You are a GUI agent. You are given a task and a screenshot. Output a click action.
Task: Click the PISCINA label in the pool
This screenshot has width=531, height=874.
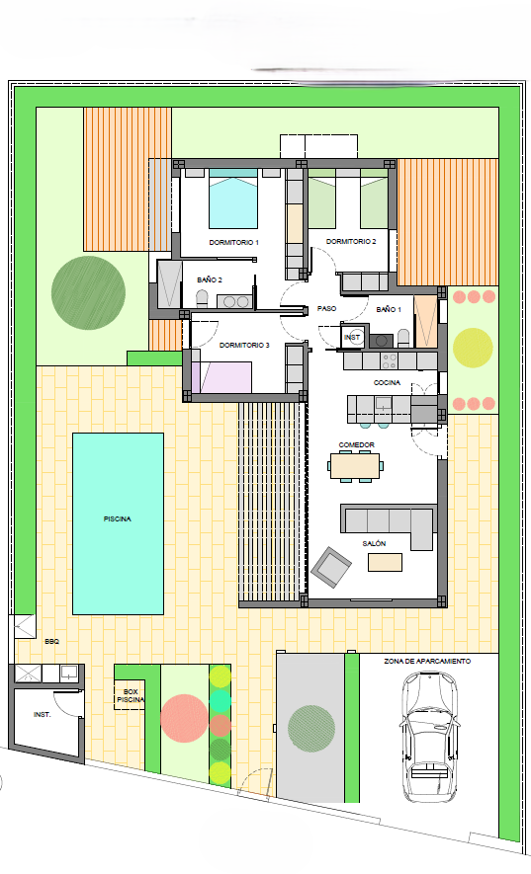tap(118, 518)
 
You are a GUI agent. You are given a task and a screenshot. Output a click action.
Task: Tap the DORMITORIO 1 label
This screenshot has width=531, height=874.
tap(234, 243)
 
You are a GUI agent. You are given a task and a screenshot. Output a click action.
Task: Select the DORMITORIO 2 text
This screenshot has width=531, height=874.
tap(351, 241)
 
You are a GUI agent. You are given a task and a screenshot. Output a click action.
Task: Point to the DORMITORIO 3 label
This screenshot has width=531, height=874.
tap(244, 345)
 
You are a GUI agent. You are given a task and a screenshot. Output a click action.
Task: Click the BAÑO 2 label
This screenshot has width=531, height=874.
tap(210, 279)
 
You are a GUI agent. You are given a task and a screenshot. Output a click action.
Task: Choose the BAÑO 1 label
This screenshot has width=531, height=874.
tap(389, 309)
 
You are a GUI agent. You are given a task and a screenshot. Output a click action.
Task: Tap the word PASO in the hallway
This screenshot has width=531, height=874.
tap(326, 308)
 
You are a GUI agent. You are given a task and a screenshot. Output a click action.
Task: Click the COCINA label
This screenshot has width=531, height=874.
tap(387, 383)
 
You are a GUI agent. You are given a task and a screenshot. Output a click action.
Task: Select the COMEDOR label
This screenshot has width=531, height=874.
tap(356, 444)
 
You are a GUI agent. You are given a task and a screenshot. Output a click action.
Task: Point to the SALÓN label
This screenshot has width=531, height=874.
tap(374, 543)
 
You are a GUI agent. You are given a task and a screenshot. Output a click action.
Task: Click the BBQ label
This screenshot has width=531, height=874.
tap(51, 642)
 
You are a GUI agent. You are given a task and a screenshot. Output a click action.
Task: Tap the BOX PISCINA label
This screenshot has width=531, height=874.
tap(131, 695)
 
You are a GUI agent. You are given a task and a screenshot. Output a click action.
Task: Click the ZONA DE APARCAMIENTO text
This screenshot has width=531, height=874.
tap(427, 661)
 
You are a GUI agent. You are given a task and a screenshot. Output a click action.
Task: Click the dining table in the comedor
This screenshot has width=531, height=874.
tap(356, 466)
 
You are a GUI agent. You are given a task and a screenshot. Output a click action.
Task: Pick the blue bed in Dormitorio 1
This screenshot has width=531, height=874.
tap(233, 199)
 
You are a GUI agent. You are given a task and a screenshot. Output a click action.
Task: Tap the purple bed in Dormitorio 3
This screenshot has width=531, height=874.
tap(221, 377)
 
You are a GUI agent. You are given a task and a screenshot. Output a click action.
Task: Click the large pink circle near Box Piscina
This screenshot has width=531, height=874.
tap(184, 718)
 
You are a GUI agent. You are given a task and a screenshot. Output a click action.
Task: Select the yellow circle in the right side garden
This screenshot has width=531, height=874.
tap(473, 348)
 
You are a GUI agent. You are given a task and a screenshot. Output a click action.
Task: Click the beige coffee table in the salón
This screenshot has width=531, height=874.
tap(385, 562)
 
